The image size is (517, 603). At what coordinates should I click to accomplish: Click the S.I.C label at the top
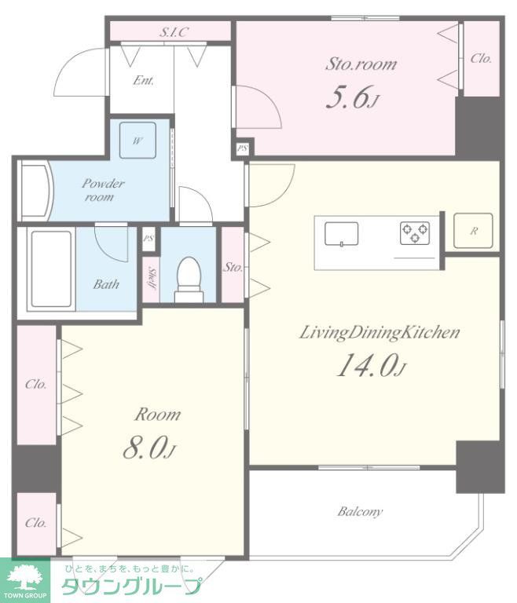(x=174, y=32)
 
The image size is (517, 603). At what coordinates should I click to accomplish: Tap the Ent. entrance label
(x=143, y=80)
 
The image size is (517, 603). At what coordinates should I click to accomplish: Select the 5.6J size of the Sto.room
(x=352, y=97)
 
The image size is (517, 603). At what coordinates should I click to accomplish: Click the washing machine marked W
(x=137, y=141)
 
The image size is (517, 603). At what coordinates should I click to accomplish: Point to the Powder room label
(x=102, y=190)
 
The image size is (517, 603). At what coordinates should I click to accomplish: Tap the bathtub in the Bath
(x=51, y=269)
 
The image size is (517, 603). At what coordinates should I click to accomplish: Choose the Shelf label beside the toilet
(x=151, y=278)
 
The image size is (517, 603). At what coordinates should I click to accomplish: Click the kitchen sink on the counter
(x=342, y=234)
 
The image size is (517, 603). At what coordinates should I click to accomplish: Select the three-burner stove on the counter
(x=415, y=232)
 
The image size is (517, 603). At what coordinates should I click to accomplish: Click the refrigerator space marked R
(x=473, y=231)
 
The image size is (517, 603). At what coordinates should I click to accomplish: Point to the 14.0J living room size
(x=372, y=365)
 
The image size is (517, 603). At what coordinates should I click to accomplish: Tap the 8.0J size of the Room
(x=149, y=448)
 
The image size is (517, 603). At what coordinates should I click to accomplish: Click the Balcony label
(x=360, y=511)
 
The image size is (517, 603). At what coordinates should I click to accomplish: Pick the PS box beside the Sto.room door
(x=242, y=148)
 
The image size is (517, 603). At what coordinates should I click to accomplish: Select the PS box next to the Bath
(x=148, y=239)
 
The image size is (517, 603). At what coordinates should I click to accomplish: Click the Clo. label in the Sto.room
(x=481, y=58)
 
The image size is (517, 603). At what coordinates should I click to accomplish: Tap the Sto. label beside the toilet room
(x=233, y=267)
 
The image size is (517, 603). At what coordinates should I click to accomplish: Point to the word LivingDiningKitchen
(x=379, y=333)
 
